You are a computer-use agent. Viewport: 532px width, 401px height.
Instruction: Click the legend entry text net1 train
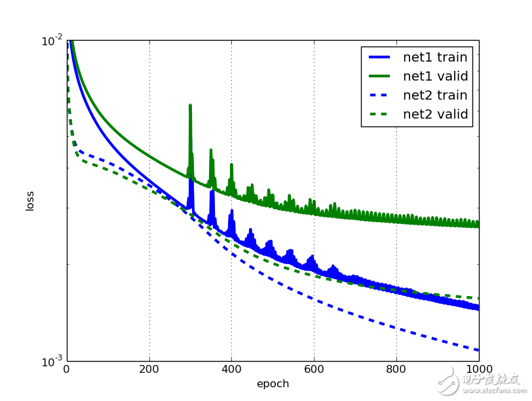point(435,57)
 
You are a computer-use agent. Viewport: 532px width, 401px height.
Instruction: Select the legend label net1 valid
point(435,76)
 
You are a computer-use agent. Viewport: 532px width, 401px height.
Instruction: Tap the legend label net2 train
point(435,96)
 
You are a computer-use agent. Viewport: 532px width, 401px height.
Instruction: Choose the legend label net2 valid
point(435,115)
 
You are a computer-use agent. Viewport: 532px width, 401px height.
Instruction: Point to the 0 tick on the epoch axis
point(67,370)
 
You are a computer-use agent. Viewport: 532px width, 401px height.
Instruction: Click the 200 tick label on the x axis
point(149,370)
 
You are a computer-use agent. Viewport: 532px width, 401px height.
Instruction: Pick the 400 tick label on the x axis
point(232,370)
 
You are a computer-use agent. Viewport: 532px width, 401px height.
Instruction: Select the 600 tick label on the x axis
point(314,370)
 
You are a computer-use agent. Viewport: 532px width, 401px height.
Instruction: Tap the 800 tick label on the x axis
point(396,370)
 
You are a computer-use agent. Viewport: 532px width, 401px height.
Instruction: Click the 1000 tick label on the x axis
point(478,370)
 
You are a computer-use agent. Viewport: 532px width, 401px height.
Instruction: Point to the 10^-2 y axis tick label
point(52,41)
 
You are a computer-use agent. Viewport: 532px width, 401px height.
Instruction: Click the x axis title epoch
point(273,384)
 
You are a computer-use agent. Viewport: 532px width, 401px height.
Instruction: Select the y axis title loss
point(30,201)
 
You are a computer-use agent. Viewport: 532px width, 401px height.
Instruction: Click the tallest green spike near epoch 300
point(190,105)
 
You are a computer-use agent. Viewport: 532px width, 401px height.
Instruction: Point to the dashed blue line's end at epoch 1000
point(478,351)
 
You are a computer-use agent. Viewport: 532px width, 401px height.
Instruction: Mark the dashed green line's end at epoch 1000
point(478,298)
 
